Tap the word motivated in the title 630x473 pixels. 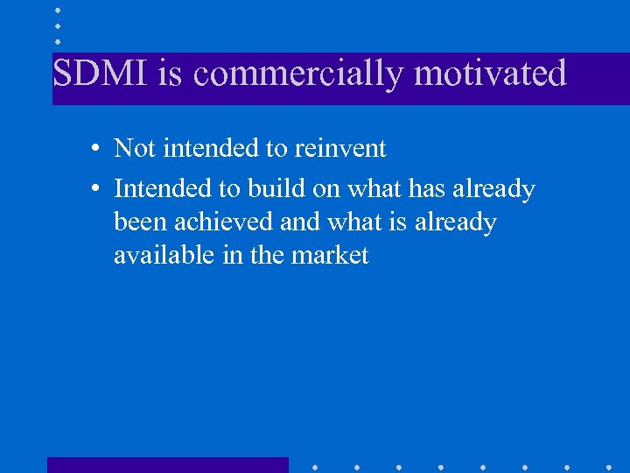click(490, 74)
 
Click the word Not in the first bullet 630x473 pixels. click(135, 149)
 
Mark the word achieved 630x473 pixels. click(224, 222)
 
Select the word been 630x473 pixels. click(140, 222)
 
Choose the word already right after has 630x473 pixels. click(493, 190)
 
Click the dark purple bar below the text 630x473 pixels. click(167, 464)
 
